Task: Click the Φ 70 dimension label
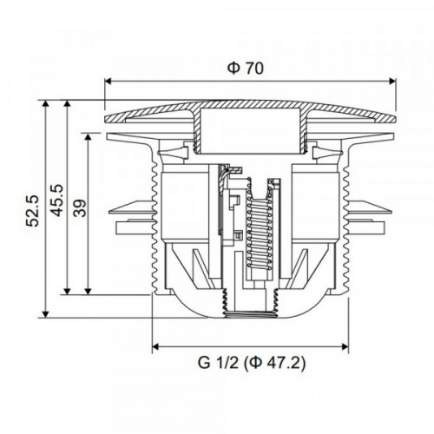point(246,69)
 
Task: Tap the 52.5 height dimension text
point(32,211)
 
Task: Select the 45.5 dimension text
point(56,201)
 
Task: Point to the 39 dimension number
point(80,208)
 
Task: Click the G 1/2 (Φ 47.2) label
point(251,363)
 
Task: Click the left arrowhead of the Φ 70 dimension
point(108,81)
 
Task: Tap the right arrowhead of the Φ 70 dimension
point(392,81)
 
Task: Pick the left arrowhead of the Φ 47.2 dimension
point(155,346)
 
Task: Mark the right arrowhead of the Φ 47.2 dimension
point(345,346)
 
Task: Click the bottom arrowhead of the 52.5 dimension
point(45,314)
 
